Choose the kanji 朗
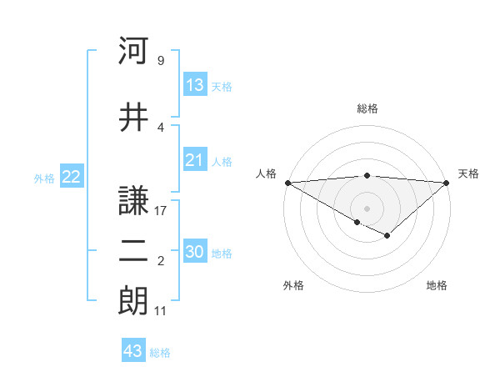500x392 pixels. (133, 300)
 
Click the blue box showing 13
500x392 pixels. (195, 84)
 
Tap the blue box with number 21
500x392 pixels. (195, 160)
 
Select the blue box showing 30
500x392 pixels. (196, 252)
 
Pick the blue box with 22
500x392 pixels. (71, 177)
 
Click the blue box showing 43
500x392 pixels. (133, 351)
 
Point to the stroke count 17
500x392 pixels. (161, 212)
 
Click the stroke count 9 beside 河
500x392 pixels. (160, 61)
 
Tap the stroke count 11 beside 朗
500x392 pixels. (161, 311)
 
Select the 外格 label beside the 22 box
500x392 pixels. (44, 178)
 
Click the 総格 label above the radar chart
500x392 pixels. (367, 108)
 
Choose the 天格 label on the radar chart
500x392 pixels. (468, 173)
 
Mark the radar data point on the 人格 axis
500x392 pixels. (287, 182)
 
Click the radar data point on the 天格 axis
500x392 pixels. (447, 182)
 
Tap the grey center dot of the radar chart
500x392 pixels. (367, 208)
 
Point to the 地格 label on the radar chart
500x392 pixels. (437, 285)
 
